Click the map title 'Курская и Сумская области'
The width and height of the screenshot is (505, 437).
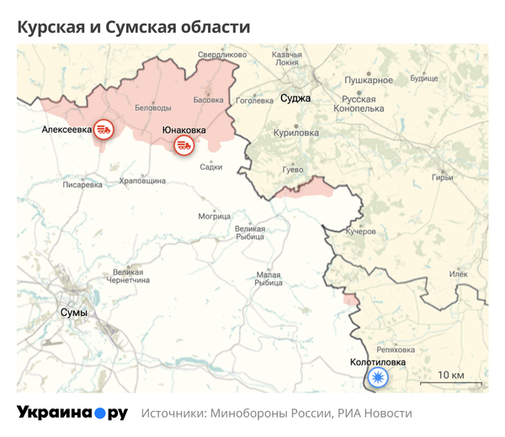click(134, 27)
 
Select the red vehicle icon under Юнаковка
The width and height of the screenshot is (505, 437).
click(183, 145)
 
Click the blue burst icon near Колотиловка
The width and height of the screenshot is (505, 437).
click(379, 377)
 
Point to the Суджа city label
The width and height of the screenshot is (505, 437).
click(295, 98)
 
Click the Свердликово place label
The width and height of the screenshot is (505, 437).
click(222, 55)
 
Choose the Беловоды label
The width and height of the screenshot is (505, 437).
click(152, 108)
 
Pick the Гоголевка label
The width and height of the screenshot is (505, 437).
click(254, 101)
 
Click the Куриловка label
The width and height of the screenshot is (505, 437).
click(296, 133)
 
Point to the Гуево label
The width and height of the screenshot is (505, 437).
click(292, 170)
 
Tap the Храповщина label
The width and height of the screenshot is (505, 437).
click(142, 180)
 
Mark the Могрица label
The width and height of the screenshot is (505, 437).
click(215, 216)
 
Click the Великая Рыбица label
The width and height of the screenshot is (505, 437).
click(250, 233)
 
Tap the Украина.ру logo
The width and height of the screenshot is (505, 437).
click(72, 413)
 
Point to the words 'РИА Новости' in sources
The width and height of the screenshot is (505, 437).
click(375, 413)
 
